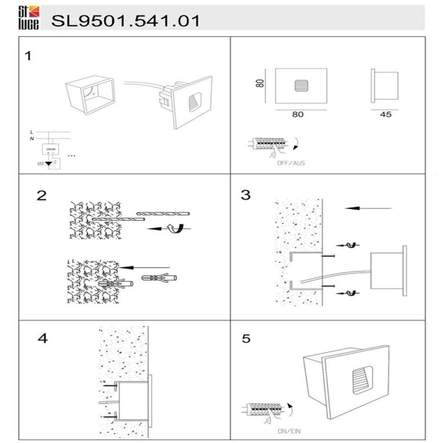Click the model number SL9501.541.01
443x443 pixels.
[126, 21]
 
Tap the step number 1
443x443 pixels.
[28, 56]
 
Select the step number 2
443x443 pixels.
[42, 196]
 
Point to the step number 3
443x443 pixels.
[247, 196]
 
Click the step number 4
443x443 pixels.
[42, 339]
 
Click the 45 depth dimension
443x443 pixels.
[386, 114]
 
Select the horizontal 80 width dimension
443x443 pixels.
[298, 114]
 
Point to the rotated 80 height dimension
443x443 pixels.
[261, 83]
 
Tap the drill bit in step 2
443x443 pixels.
[162, 214]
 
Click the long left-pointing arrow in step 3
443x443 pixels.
[369, 209]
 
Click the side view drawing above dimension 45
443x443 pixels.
[385, 86]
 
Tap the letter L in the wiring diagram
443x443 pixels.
[30, 131]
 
